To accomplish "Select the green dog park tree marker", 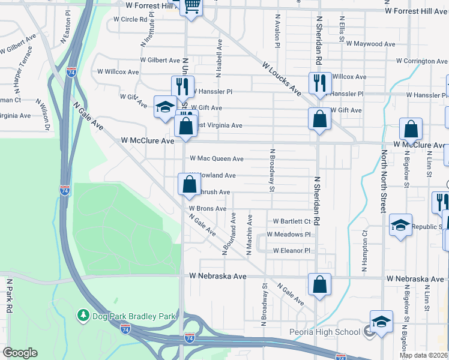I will click(83, 315).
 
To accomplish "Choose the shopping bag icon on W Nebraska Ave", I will click(320, 284).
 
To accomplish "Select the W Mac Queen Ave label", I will click(217, 159).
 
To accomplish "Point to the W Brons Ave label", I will click(208, 209).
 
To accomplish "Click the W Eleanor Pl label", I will click(291, 251).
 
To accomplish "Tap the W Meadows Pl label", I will click(289, 235).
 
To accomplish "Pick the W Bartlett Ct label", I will click(292, 221).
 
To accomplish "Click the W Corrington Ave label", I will click(422, 61).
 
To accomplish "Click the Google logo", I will click(20, 353).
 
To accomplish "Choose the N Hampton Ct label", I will click(364, 252).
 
